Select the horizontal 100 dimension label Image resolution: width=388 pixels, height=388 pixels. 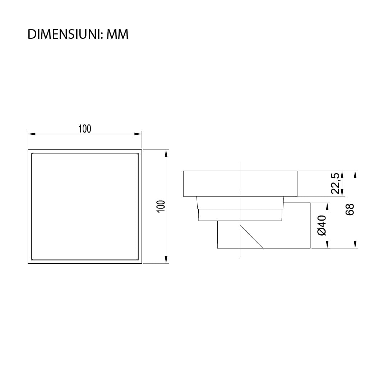pyautogui.click(x=85, y=129)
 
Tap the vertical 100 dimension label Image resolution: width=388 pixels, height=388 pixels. pyautogui.click(x=161, y=206)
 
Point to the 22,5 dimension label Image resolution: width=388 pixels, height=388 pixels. pyautogui.click(x=335, y=183)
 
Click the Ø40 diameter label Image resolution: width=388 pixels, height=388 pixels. pyautogui.click(x=322, y=225)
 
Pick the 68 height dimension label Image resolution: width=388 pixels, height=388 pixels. pyautogui.click(x=350, y=209)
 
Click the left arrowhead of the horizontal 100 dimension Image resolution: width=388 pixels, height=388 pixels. pyautogui.click(x=32, y=134)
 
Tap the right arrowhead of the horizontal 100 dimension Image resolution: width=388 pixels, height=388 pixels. pyautogui.click(x=138, y=134)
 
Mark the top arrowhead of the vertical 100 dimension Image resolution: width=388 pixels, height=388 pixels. pyautogui.click(x=166, y=153)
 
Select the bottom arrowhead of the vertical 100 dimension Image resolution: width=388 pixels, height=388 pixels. pyautogui.click(x=166, y=259)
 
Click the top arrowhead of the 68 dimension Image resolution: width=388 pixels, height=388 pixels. pyautogui.click(x=355, y=175)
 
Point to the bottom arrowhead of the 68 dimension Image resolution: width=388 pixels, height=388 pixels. pyautogui.click(x=355, y=244)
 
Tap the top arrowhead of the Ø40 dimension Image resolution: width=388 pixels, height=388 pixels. pyautogui.click(x=327, y=207)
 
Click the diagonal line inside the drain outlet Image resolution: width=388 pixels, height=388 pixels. pyautogui.click(x=251, y=236)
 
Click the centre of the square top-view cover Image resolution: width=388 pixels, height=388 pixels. pyautogui.click(x=85, y=206)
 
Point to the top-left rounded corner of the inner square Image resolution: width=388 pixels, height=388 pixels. pyautogui.click(x=33, y=154)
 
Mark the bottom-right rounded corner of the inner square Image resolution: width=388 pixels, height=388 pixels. pyautogui.click(x=137, y=258)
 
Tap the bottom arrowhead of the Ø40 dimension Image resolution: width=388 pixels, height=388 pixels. pyautogui.click(x=327, y=244)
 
